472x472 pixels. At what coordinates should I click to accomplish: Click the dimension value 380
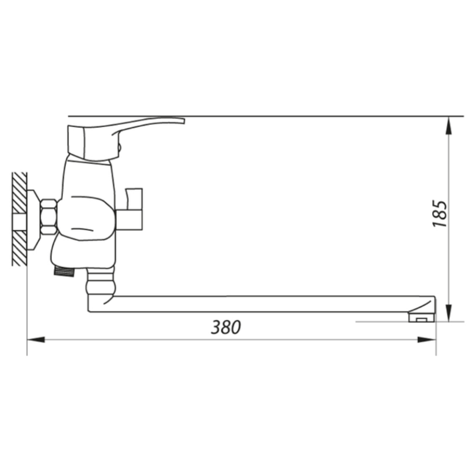226,327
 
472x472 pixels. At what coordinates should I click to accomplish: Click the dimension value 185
440,213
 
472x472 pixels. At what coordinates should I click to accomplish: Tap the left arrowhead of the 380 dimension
36,340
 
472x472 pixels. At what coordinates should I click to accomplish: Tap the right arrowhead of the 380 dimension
427,340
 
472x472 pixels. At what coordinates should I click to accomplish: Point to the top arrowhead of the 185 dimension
448,125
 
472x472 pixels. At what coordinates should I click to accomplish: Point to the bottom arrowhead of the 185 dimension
448,313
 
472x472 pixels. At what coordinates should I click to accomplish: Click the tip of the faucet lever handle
184,121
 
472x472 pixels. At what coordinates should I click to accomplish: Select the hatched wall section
19,219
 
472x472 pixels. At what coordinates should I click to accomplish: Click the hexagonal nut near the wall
48,217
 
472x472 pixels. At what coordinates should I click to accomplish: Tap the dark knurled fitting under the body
64,271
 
